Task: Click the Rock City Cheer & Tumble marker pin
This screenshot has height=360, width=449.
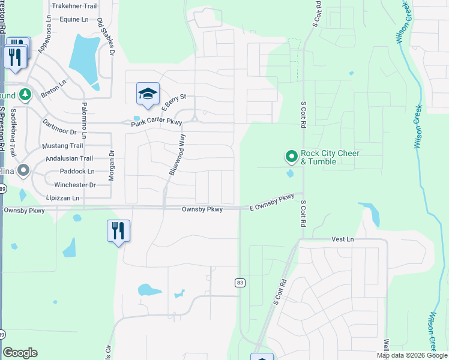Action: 291,157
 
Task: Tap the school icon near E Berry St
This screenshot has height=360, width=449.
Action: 148,93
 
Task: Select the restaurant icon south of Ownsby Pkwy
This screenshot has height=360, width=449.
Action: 118,230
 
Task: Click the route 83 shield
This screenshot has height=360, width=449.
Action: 239,282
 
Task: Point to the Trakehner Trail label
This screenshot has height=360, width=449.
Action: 74,6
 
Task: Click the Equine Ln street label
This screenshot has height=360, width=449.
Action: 74,19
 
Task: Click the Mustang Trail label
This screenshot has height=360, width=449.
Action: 62,146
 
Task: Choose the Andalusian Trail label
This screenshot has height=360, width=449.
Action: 70,158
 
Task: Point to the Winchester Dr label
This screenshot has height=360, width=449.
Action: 75,185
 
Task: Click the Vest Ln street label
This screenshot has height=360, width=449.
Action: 343,239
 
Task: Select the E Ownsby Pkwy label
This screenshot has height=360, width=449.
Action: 272,202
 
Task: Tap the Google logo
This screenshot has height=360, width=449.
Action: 20,352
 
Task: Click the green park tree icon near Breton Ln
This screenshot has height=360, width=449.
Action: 24,95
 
